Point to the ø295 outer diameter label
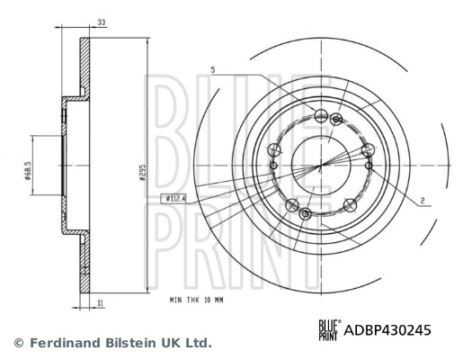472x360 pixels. point(142,173)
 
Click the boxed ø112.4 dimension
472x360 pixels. point(174,197)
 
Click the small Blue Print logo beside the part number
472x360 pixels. point(327,330)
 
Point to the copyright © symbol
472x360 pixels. point(17,344)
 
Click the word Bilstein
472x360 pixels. point(125,344)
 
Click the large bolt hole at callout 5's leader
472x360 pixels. point(322,113)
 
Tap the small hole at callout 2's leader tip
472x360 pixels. point(368,165)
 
